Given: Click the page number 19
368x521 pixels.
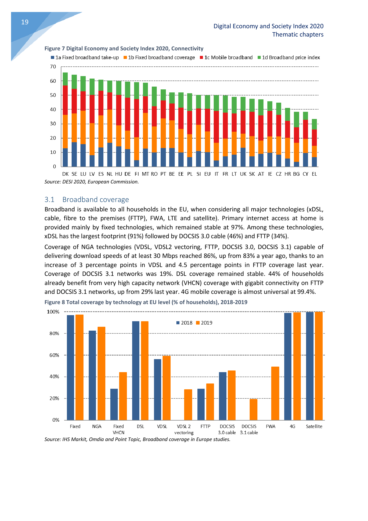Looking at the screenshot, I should coord(25,22).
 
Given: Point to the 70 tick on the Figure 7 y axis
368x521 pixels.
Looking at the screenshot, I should coord(53,67).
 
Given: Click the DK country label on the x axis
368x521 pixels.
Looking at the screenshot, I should coord(65,174).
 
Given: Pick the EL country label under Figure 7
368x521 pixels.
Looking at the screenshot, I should coord(314,174).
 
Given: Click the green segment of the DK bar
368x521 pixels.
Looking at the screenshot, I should coord(65,79).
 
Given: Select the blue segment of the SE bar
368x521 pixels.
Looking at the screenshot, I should coord(74,154).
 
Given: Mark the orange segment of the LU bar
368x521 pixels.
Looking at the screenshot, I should coord(83,128).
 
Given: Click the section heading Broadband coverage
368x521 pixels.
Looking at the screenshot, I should coord(95,199).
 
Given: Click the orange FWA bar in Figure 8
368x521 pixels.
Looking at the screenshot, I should coord(275,393).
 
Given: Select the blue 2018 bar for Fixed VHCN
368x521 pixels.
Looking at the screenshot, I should coord(114,404).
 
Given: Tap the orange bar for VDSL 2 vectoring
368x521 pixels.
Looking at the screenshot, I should coord(188,405).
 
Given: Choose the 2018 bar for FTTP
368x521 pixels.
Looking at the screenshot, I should coord(201,404).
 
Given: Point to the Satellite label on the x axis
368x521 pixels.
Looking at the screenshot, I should coord(314,426).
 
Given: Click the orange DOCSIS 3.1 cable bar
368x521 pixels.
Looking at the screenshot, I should coord(253,409).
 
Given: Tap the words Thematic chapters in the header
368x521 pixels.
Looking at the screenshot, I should coord(298,35).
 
